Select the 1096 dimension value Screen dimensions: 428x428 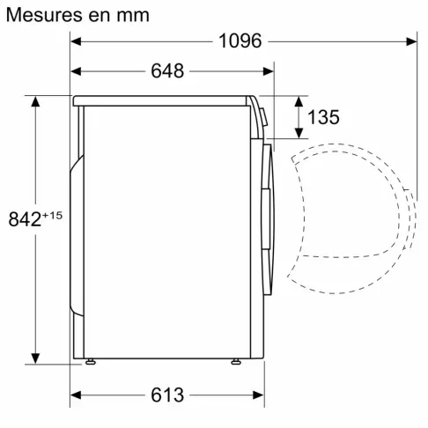tap(239, 41)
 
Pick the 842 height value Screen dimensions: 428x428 tap(25, 219)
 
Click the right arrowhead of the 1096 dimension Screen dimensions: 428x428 tap(411, 41)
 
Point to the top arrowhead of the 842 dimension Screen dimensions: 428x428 tap(36, 101)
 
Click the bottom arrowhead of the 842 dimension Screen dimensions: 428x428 tap(36, 356)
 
